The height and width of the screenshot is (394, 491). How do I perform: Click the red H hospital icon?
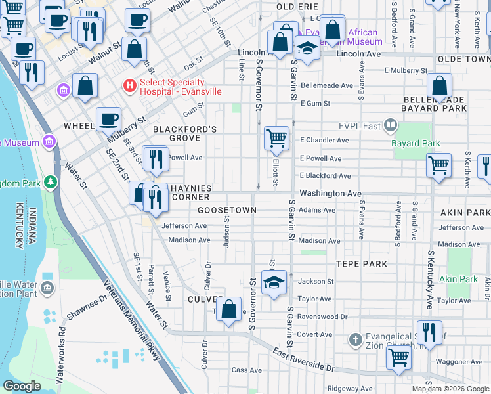[x=130, y=85]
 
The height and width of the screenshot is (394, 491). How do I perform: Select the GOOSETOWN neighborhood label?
[x=226, y=209]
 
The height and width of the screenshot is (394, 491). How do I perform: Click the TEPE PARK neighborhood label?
[x=362, y=263]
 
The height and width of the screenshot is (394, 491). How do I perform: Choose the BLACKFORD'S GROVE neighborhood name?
[x=184, y=134]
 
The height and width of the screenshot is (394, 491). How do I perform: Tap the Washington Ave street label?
[x=330, y=194]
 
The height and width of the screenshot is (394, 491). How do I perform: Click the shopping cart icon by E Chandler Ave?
[x=277, y=138]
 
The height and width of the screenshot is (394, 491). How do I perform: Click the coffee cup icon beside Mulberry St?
[x=108, y=120]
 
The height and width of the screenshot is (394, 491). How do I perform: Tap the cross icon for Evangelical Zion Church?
[x=355, y=339]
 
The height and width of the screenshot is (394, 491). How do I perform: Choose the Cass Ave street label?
[x=247, y=370]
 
